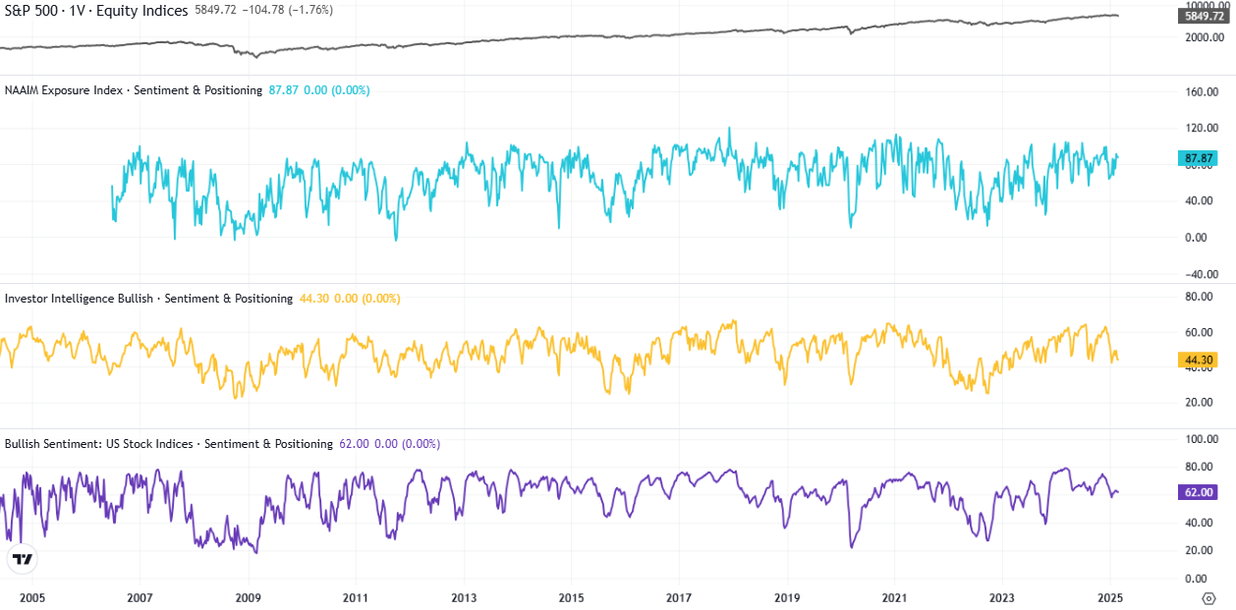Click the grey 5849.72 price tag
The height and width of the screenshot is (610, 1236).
tap(1205, 17)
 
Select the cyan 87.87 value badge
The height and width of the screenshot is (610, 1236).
tap(1198, 158)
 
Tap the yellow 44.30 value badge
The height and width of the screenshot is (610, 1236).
tap(1198, 360)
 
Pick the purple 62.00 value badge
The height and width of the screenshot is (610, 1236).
tap(1198, 492)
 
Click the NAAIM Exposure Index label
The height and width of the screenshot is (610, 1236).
tap(64, 90)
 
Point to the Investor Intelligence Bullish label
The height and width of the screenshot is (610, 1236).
tap(79, 299)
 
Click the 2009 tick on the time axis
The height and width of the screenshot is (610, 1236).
tap(248, 597)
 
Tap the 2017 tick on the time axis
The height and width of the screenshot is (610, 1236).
tap(678, 597)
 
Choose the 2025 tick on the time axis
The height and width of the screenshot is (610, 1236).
tap(1109, 597)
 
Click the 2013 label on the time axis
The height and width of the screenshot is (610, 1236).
tap(463, 597)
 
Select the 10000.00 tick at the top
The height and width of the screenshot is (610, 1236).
tap(1202, 5)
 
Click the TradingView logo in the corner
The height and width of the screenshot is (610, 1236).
tap(22, 560)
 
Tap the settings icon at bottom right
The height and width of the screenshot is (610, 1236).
tap(1208, 597)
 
